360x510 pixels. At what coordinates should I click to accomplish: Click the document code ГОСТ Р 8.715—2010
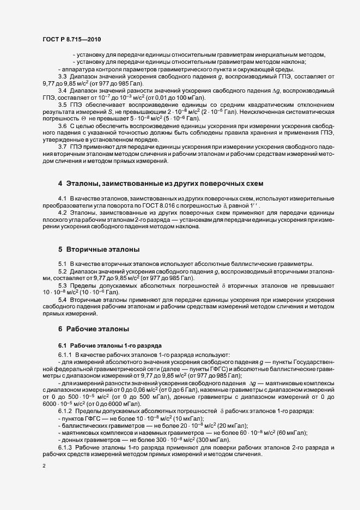[x=71, y=39]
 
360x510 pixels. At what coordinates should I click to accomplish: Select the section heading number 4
[x=60, y=181]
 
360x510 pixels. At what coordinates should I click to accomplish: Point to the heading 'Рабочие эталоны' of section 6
[x=97, y=329]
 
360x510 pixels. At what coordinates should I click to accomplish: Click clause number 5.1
[x=62, y=264]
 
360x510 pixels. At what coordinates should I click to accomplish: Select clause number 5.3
[x=62, y=285]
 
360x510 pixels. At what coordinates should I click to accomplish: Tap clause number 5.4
[x=62, y=300]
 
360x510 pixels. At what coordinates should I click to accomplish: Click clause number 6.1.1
[x=65, y=355]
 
